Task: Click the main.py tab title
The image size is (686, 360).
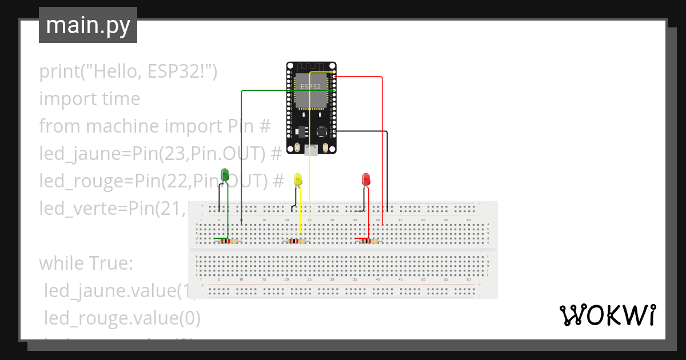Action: (87, 25)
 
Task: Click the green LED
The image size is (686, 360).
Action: (225, 175)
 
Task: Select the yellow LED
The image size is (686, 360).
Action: (297, 180)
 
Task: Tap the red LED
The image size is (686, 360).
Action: (366, 180)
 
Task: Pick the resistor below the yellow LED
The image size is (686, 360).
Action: (296, 241)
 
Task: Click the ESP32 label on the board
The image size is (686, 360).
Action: (310, 86)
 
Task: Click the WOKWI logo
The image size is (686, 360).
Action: (607, 315)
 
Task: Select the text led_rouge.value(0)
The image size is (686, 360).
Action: (122, 318)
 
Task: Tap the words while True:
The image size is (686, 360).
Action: (86, 263)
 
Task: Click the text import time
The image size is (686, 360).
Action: (89, 98)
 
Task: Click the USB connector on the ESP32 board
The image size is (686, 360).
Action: (310, 150)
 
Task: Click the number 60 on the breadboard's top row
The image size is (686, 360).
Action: (469, 220)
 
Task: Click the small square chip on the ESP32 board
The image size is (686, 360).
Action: (321, 131)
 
